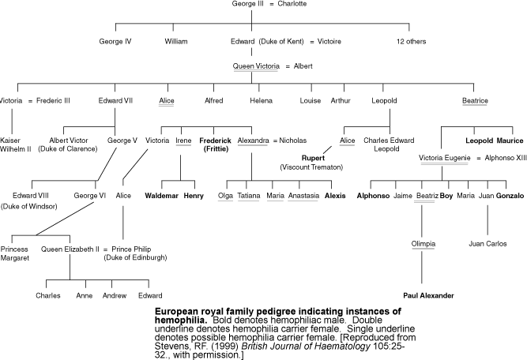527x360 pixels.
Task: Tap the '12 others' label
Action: point(414,40)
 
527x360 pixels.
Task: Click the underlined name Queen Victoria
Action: point(256,66)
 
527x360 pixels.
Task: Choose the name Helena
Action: point(261,100)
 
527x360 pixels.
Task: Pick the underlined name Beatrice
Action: point(475,100)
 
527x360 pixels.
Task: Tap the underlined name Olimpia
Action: point(423,242)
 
